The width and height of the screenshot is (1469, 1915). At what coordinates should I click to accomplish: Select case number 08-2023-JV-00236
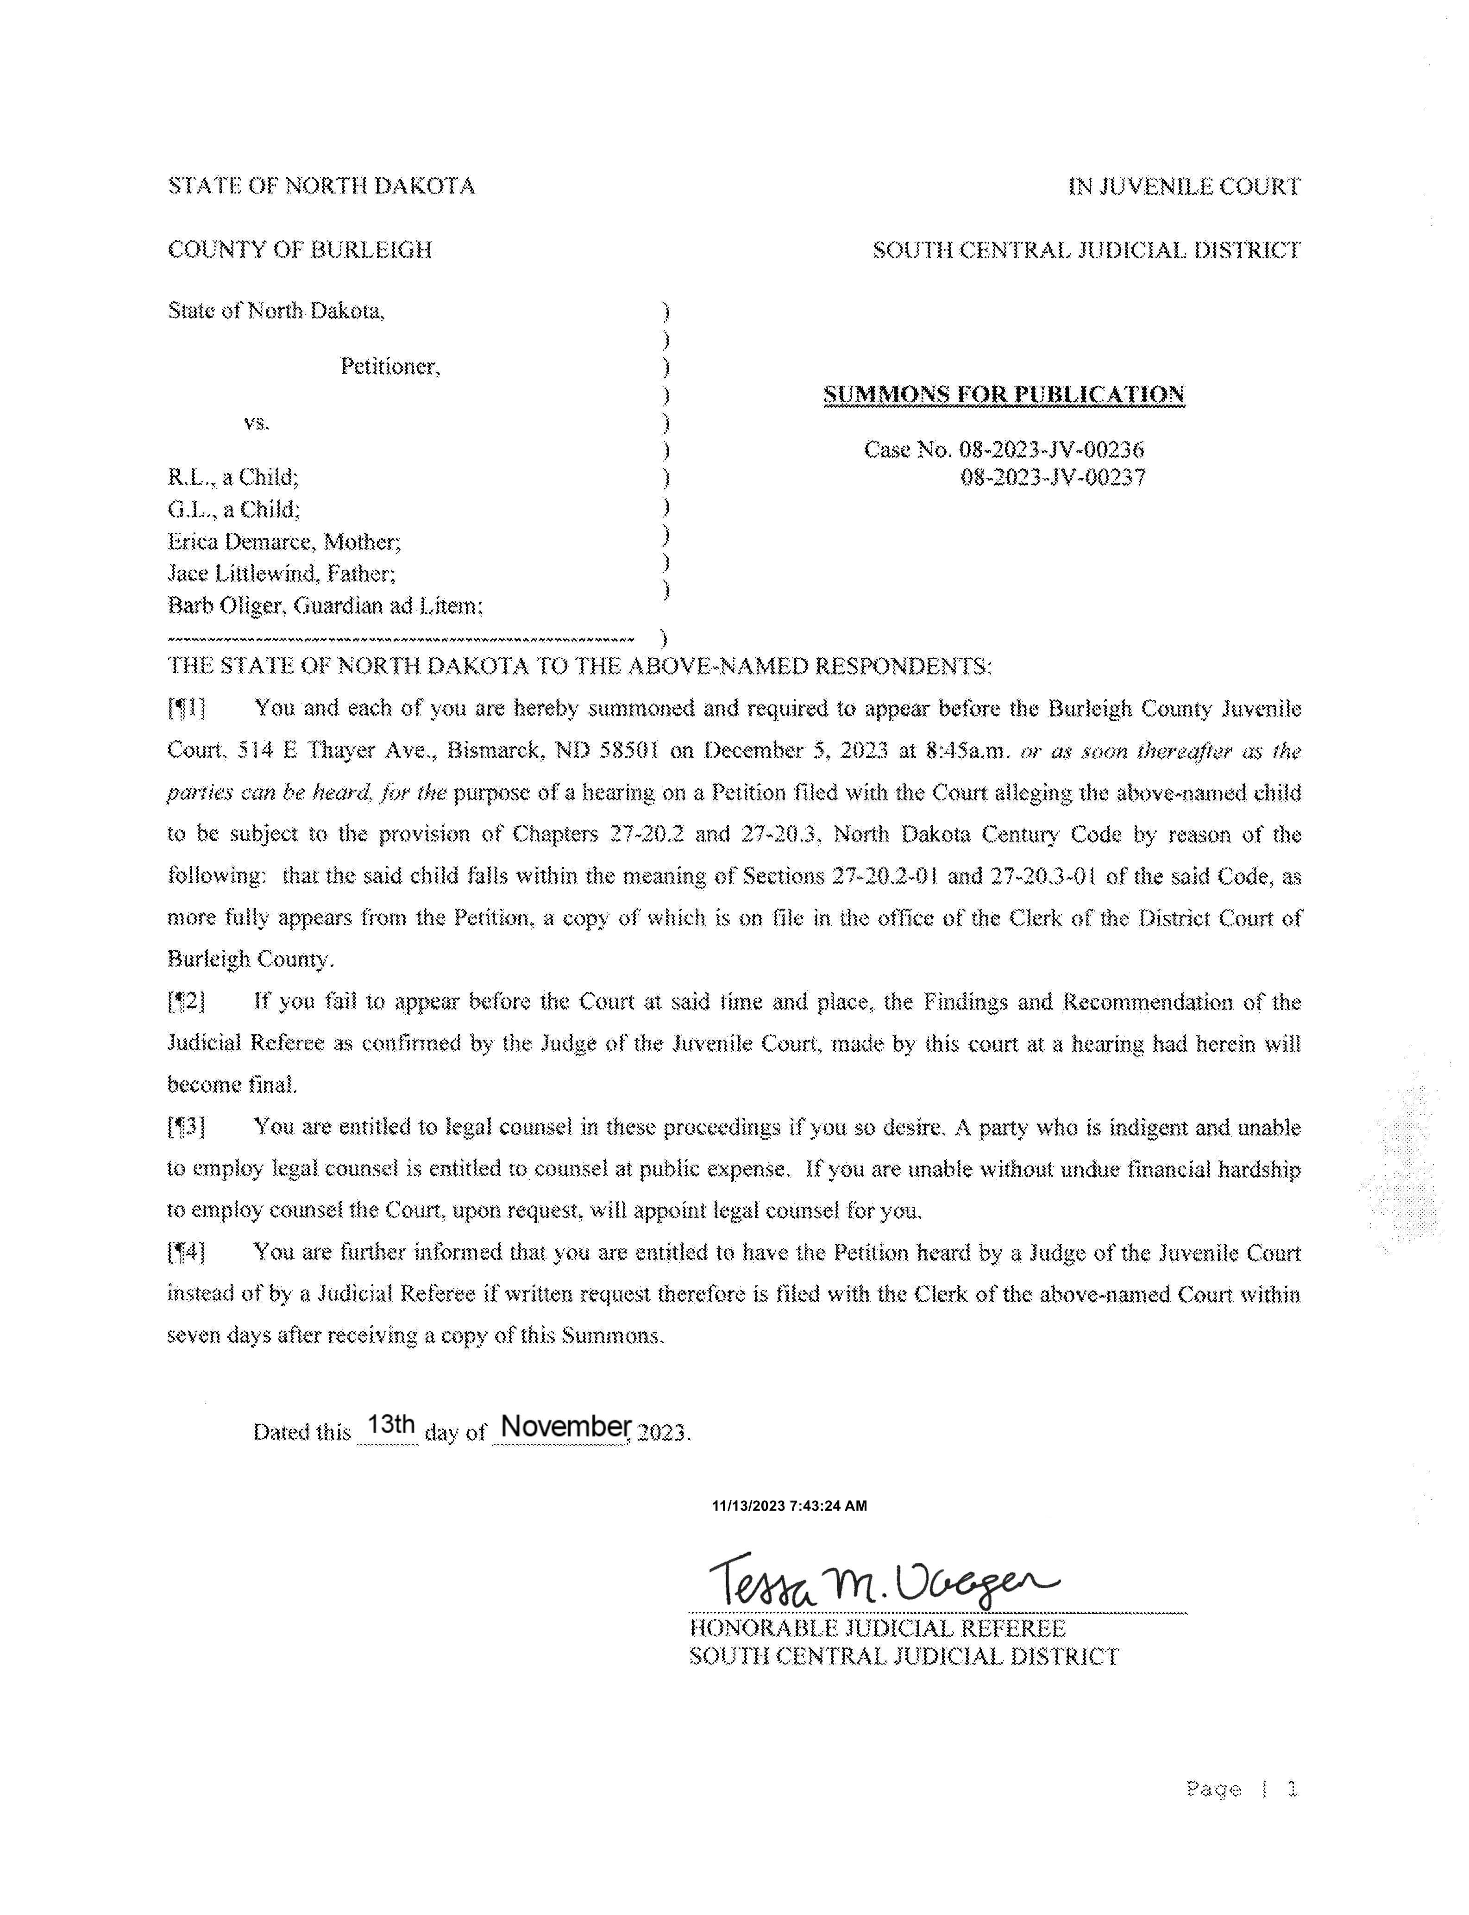click(x=1051, y=450)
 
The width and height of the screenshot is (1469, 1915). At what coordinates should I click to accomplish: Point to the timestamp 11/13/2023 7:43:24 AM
click(x=789, y=1506)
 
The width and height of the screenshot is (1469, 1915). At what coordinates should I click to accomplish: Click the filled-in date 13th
click(x=390, y=1425)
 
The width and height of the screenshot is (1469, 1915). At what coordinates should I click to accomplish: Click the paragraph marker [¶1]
click(x=186, y=708)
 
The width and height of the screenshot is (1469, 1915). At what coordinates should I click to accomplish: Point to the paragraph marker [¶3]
click(x=186, y=1128)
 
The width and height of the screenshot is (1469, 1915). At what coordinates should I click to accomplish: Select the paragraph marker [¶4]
click(x=186, y=1253)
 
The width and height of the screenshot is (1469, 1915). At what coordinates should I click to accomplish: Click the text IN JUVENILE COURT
click(x=1184, y=186)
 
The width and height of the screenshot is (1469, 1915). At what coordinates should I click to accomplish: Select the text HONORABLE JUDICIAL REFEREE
click(x=877, y=1628)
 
